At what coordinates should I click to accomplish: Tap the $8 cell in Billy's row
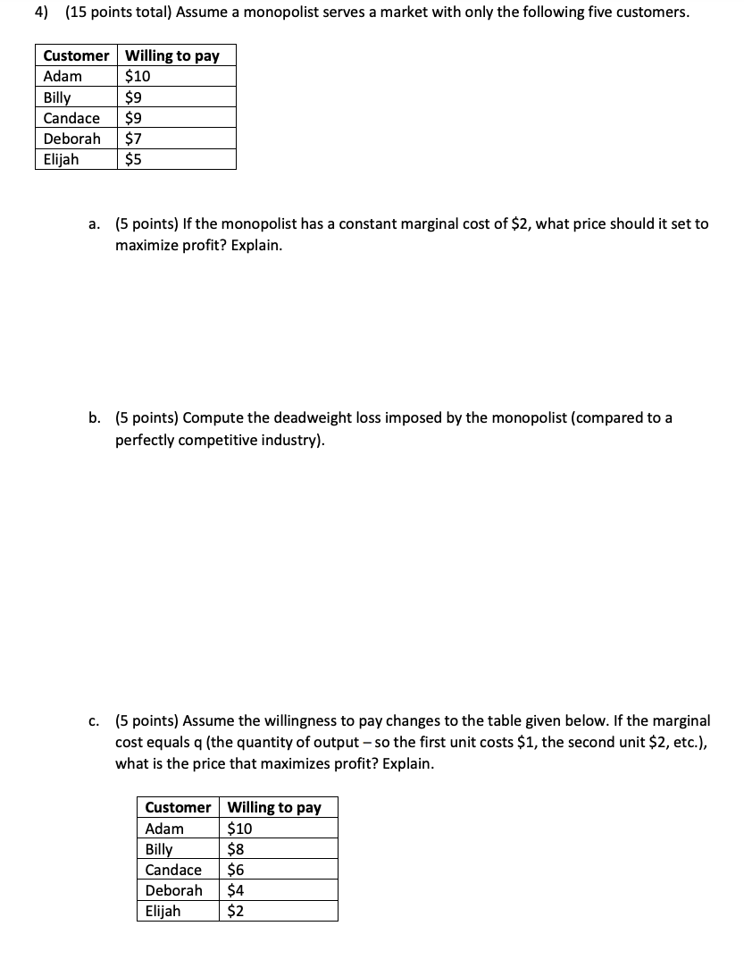(x=237, y=849)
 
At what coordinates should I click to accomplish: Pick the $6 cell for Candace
(x=237, y=870)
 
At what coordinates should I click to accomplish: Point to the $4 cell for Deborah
(x=237, y=890)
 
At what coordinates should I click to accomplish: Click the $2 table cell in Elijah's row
(x=237, y=911)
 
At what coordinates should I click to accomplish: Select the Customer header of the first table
(x=76, y=55)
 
